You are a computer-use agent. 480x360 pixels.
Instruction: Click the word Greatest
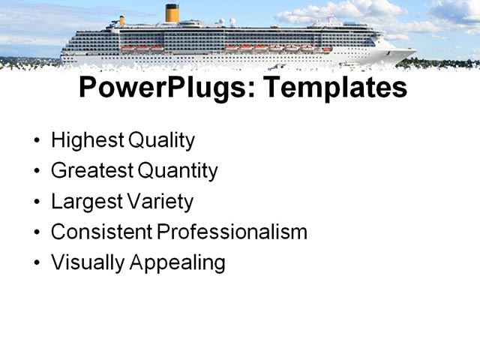[91, 171]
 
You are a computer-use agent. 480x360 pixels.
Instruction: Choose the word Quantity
[178, 171]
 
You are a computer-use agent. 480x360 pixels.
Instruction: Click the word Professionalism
[232, 232]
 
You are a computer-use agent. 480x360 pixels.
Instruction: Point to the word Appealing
[178, 263]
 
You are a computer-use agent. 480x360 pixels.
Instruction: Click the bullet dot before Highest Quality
[38, 141]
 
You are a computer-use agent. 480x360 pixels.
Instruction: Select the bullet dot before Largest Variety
[38, 202]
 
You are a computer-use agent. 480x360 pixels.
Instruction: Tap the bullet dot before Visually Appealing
[38, 264]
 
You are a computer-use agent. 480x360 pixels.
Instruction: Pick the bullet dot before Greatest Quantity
[38, 172]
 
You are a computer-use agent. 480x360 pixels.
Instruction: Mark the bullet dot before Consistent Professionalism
[38, 233]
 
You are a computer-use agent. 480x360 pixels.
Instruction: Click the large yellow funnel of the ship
[172, 13]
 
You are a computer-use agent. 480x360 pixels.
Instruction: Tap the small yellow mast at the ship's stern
[121, 21]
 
